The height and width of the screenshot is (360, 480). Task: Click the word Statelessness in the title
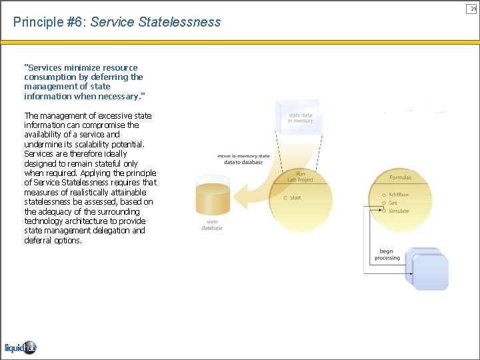(179, 23)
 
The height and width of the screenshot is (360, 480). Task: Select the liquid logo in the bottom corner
(20, 347)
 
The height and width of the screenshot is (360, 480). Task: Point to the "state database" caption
(212, 225)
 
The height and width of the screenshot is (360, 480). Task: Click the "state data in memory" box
(300, 118)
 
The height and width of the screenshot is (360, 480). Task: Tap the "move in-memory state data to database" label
(243, 159)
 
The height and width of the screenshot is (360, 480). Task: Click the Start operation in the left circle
(295, 198)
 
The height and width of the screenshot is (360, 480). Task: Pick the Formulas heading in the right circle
(400, 178)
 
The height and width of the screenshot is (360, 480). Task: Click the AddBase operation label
(399, 195)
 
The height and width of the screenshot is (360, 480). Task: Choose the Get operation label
(393, 203)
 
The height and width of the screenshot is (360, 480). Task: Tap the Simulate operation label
(399, 211)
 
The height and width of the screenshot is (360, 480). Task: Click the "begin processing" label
(387, 255)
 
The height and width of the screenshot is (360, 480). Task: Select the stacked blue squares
(428, 269)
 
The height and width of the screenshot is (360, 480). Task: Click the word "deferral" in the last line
(37, 241)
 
